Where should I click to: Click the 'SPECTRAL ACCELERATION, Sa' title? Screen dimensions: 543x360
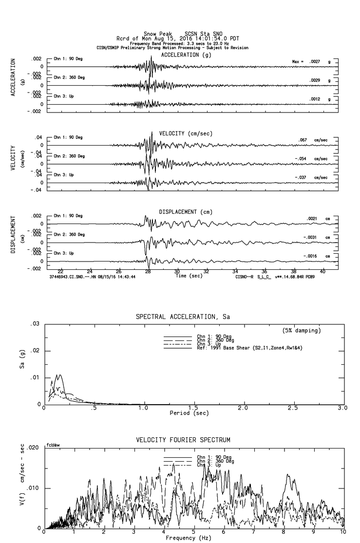pos(183,317)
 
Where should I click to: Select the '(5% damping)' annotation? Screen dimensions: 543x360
pos(301,331)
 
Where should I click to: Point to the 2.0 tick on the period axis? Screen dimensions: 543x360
pos(243,408)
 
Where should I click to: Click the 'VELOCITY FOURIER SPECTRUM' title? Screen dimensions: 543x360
pos(183,440)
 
